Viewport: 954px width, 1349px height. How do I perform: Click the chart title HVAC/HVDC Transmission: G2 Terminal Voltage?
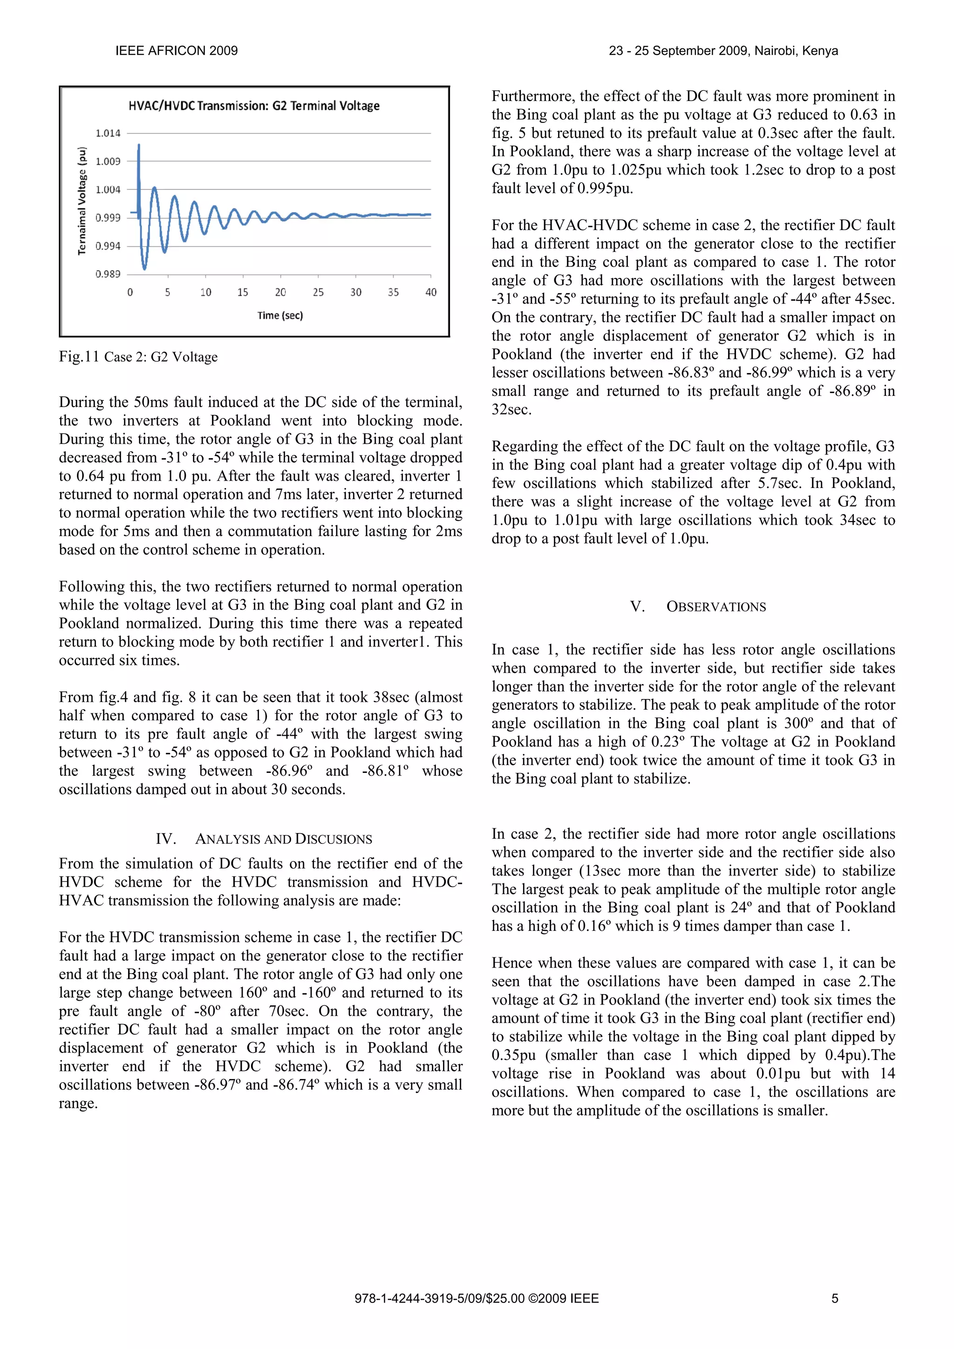[254, 106]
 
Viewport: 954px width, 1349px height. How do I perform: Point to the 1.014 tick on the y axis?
[108, 133]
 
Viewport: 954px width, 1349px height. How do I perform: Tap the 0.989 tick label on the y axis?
[108, 274]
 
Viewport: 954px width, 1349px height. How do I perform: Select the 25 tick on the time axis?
[318, 292]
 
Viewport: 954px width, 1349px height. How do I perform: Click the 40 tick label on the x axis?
[431, 292]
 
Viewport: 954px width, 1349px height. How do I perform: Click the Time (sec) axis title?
[280, 316]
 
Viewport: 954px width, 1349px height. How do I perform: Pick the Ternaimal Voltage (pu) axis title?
[82, 201]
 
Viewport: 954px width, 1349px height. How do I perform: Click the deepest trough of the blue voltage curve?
[144, 267]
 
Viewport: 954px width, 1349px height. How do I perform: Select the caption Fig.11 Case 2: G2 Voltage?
[138, 357]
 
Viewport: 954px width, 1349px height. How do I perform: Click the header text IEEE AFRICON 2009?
[177, 51]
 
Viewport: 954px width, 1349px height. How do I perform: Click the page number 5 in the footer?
[835, 1298]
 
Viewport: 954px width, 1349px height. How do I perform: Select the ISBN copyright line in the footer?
[477, 1298]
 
